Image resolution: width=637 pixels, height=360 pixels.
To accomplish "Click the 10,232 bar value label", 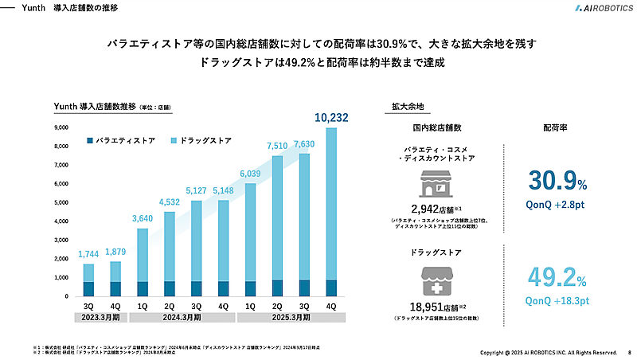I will tap(331, 118).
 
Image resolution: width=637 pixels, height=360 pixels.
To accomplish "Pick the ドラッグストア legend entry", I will tap(200, 140).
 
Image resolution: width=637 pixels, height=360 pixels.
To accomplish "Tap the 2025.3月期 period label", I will tap(291, 317).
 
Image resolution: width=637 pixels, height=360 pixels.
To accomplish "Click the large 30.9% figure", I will tap(558, 182).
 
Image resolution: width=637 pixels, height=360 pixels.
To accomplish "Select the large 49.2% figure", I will tap(558, 279).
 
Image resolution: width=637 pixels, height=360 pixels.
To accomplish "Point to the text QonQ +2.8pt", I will tap(558, 204).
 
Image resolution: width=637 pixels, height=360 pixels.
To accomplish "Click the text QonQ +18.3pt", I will tap(558, 301).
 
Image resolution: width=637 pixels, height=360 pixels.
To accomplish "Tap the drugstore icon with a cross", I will tap(436, 280).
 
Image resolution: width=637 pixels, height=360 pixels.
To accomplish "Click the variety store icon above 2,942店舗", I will tap(436, 185).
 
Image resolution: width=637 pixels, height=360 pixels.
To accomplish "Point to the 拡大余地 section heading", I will tap(408, 106).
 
